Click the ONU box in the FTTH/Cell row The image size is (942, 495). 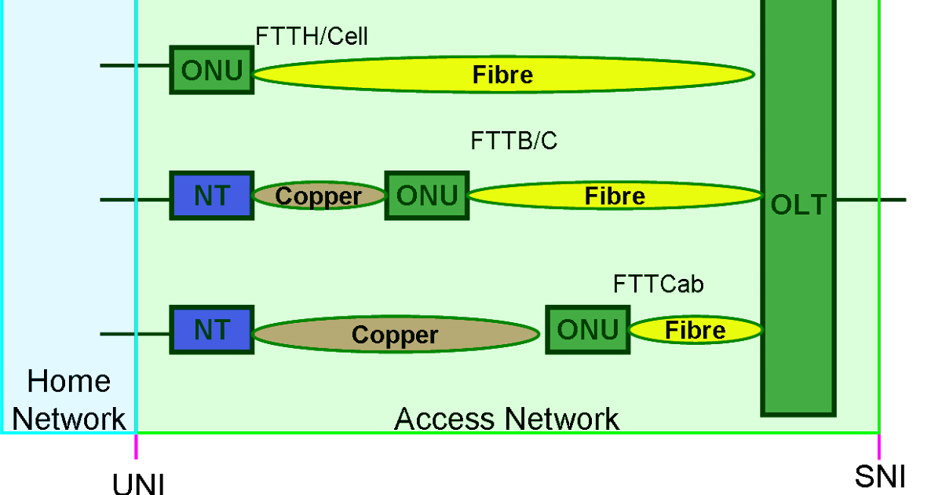tap(212, 71)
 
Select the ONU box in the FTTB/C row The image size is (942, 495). tap(427, 196)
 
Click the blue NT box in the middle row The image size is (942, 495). tap(212, 196)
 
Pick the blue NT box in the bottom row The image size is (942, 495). tap(212, 330)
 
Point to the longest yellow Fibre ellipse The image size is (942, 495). tap(502, 75)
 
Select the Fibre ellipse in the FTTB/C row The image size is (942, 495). tap(615, 196)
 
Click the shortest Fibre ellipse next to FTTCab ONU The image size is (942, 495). tap(696, 330)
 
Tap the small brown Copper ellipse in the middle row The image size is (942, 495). tap(319, 196)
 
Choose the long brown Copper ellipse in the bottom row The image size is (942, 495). tap(395, 335)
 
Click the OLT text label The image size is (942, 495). tap(798, 205)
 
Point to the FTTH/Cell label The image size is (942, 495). tap(312, 36)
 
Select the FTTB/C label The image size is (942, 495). tap(514, 141)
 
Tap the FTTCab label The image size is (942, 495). tap(658, 284)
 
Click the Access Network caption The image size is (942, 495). tap(506, 419)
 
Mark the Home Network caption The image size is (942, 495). tap(69, 400)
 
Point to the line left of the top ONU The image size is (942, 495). tap(133, 66)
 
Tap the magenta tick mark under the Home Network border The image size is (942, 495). tap(136, 447)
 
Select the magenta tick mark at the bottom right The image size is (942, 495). tap(878, 447)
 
